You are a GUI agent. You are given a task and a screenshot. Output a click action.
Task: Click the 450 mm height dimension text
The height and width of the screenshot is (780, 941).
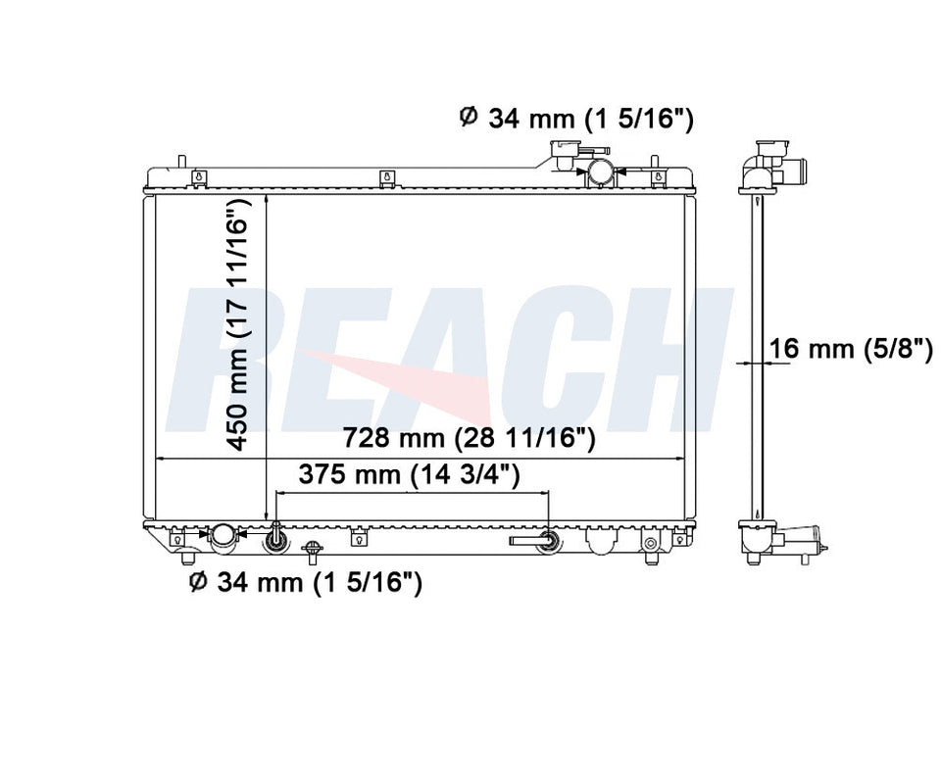(237, 324)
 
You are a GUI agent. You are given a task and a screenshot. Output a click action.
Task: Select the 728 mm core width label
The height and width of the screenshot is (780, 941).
(469, 439)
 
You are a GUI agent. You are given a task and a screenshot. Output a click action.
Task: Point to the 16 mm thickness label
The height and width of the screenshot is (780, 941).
(851, 348)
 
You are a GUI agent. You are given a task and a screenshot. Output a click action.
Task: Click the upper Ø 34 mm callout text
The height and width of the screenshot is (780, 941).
(576, 119)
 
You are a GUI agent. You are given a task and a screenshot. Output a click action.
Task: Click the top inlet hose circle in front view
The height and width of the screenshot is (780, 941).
(600, 171)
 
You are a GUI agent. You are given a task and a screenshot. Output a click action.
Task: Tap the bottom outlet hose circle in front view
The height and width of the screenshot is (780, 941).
(223, 534)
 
